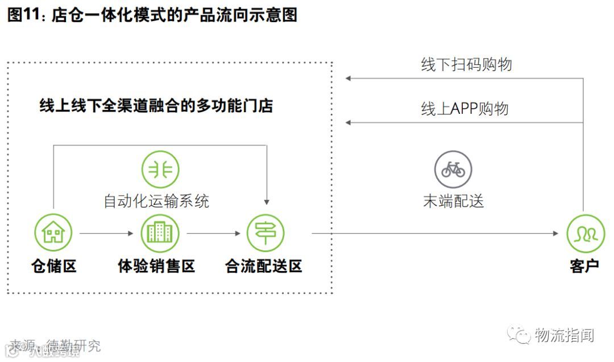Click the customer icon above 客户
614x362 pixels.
coord(585,234)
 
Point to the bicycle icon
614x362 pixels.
coord(453,169)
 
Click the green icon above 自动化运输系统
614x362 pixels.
coord(160,169)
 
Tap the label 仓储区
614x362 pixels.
coord(53,266)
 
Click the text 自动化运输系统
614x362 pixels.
coord(156,201)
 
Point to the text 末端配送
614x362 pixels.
coord(453,201)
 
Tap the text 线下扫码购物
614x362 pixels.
coord(466,65)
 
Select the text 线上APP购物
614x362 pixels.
coord(464,109)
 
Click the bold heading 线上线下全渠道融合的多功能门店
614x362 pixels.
coord(156,106)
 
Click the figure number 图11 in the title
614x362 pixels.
coord(22,15)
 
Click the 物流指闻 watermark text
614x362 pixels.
coord(564,335)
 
